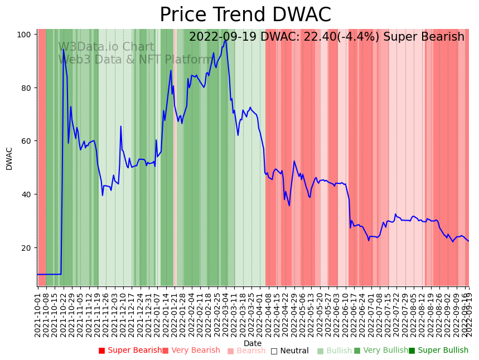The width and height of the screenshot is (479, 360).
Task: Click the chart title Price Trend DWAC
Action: pyautogui.click(x=245, y=15)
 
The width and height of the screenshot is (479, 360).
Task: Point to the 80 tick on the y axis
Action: pyautogui.click(x=25, y=88)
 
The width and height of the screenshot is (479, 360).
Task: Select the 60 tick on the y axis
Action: pyautogui.click(x=25, y=141)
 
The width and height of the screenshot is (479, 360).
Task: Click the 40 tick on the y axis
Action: pyautogui.click(x=25, y=194)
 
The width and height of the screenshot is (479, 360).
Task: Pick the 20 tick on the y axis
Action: pyautogui.click(x=25, y=247)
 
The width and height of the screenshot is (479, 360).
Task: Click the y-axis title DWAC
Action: pyautogui.click(x=9, y=158)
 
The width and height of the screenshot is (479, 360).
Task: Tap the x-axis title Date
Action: pyautogui.click(x=253, y=343)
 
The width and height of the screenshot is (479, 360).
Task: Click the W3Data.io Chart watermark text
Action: pyautogui.click(x=106, y=47)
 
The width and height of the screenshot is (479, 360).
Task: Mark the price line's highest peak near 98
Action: pyautogui.click(x=225, y=40)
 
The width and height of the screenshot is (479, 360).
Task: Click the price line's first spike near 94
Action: pyautogui.click(x=64, y=50)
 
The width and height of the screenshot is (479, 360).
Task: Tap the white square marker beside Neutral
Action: pyautogui.click(x=274, y=351)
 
